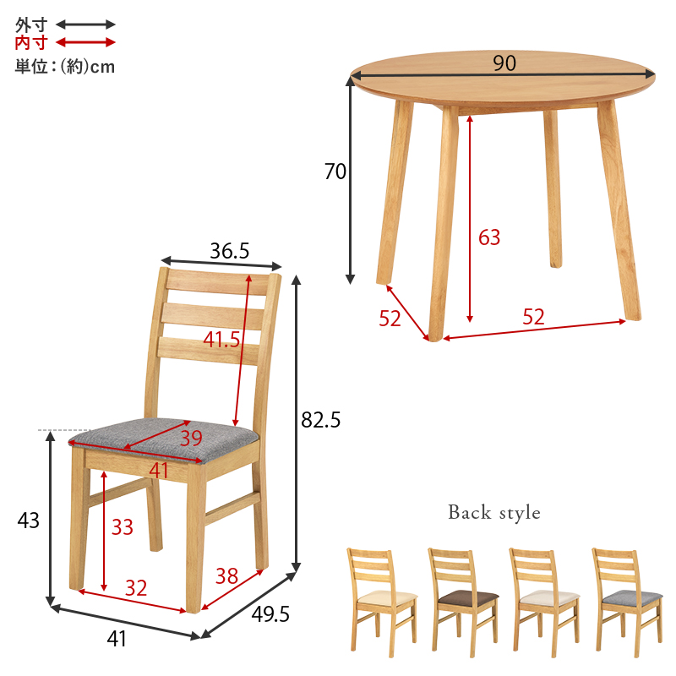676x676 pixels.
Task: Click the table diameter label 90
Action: pyautogui.click(x=504, y=63)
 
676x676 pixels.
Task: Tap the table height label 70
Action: pyautogui.click(x=335, y=172)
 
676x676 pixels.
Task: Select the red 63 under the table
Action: pyautogui.click(x=489, y=237)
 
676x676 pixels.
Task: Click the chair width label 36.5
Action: pyautogui.click(x=229, y=250)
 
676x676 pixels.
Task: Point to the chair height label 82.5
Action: pyautogui.click(x=321, y=419)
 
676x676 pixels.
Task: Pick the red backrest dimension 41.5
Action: pyautogui.click(x=221, y=340)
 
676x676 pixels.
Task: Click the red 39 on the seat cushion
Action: pyautogui.click(x=191, y=438)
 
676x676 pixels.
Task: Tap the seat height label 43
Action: pyautogui.click(x=29, y=521)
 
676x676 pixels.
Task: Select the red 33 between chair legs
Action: pyautogui.click(x=123, y=526)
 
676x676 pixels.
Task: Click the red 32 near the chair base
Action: pyautogui.click(x=136, y=587)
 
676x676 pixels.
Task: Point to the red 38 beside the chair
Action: pyautogui.click(x=226, y=576)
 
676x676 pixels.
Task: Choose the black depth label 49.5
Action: pyautogui.click(x=270, y=614)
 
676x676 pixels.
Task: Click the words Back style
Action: pyautogui.click(x=494, y=513)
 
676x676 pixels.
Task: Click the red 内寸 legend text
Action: pyautogui.click(x=31, y=43)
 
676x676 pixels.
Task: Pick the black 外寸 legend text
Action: pyautogui.click(x=31, y=25)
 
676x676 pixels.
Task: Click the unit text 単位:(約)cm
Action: pyautogui.click(x=65, y=67)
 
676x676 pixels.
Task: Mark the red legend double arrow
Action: pyautogui.click(x=86, y=42)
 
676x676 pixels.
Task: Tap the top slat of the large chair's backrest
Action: pyautogui.click(x=218, y=282)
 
